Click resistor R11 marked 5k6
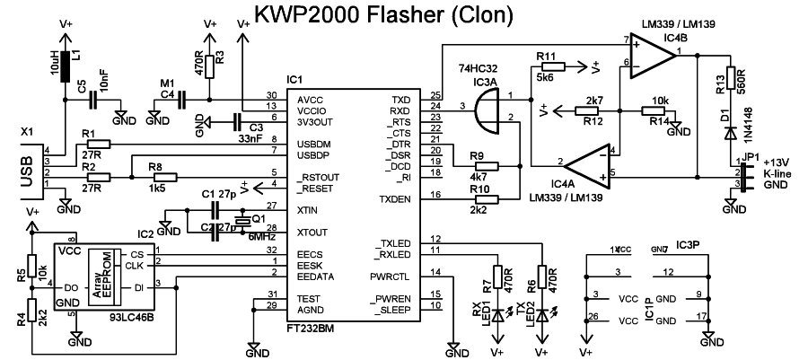pyautogui.click(x=551, y=66)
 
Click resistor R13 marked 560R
pyautogui.click(x=730, y=79)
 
